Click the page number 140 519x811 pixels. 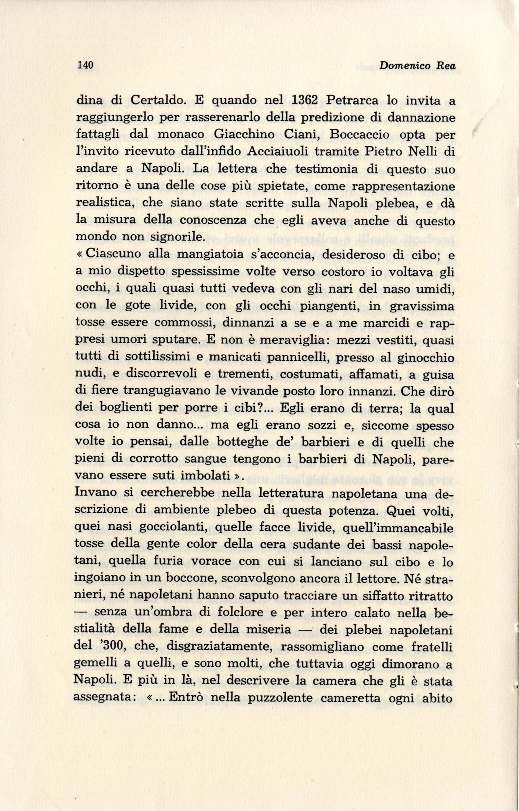85,66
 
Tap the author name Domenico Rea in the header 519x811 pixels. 417,66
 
